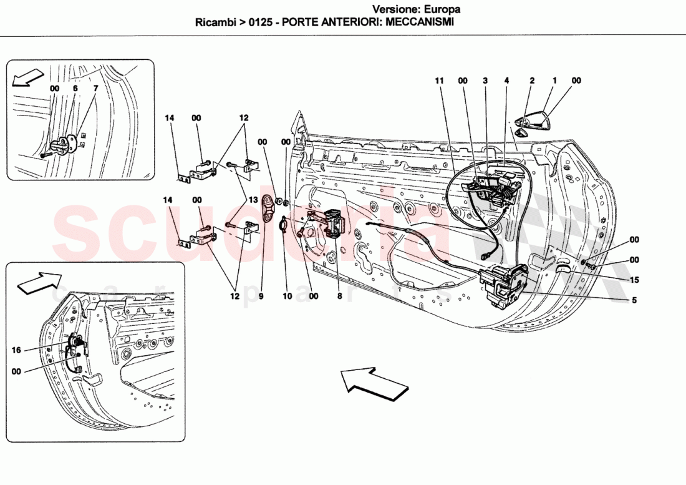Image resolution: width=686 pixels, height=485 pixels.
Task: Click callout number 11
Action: click(x=439, y=81)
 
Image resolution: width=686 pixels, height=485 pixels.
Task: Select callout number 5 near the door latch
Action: click(x=634, y=300)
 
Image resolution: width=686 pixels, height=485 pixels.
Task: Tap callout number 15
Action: click(x=634, y=280)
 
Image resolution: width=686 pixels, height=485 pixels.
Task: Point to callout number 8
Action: click(x=339, y=296)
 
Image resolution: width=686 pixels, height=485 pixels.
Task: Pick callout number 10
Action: click(x=287, y=296)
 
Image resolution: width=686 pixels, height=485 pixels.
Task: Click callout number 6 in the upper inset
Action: click(x=75, y=89)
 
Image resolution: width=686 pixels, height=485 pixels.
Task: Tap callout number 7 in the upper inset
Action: click(x=95, y=89)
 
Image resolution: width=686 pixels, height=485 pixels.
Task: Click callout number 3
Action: click(x=485, y=81)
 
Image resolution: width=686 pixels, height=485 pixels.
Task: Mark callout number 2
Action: click(x=532, y=81)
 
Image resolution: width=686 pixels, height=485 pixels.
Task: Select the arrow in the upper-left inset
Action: click(x=25, y=79)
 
